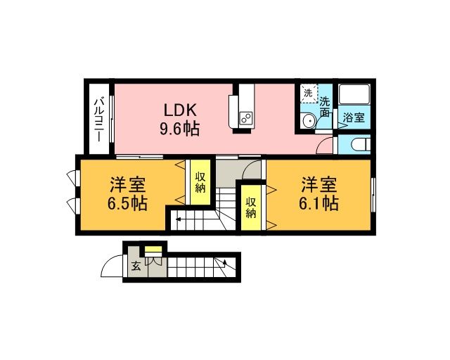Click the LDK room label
pos(180,110)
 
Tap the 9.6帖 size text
pos(180,129)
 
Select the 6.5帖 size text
pos(127,203)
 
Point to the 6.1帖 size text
pos(319,203)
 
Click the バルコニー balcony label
pos(99,120)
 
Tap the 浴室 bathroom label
pos(354,117)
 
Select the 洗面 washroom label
pos(325,107)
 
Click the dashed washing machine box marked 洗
pos(309,94)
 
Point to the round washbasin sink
pos(309,121)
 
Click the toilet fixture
pos(361,143)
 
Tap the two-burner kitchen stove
pos(246,118)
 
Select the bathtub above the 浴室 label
pos(354,94)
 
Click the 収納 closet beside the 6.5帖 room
pos(200,183)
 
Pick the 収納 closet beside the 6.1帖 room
pos(251,207)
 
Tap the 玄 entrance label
pos(136,266)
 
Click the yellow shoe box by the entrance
pos(153,249)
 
